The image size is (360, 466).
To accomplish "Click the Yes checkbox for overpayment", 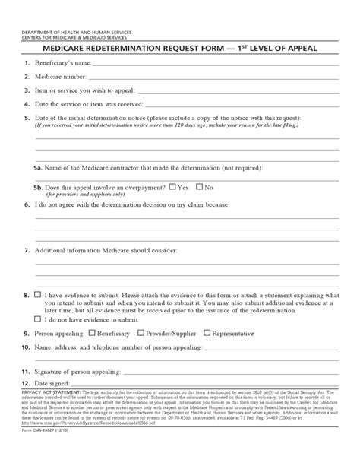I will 172,186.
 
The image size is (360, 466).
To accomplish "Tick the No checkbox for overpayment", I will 200,186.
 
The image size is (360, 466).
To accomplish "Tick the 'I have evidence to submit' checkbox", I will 36,293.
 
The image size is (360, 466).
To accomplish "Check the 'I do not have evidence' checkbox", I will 36,321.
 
